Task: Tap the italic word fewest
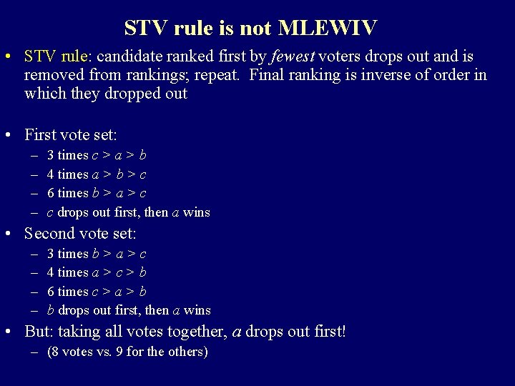pos(295,56)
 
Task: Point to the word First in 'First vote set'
pos(40,134)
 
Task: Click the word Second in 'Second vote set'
pos(48,233)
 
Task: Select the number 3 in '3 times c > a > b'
pos(50,155)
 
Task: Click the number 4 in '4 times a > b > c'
pos(50,174)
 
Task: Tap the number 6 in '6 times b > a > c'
pos(50,193)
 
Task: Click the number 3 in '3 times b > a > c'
pos(50,254)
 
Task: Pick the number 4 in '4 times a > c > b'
pos(50,272)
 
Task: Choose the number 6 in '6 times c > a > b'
pos(50,291)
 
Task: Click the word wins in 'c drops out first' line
pos(197,212)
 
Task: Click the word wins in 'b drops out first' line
pos(197,310)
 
